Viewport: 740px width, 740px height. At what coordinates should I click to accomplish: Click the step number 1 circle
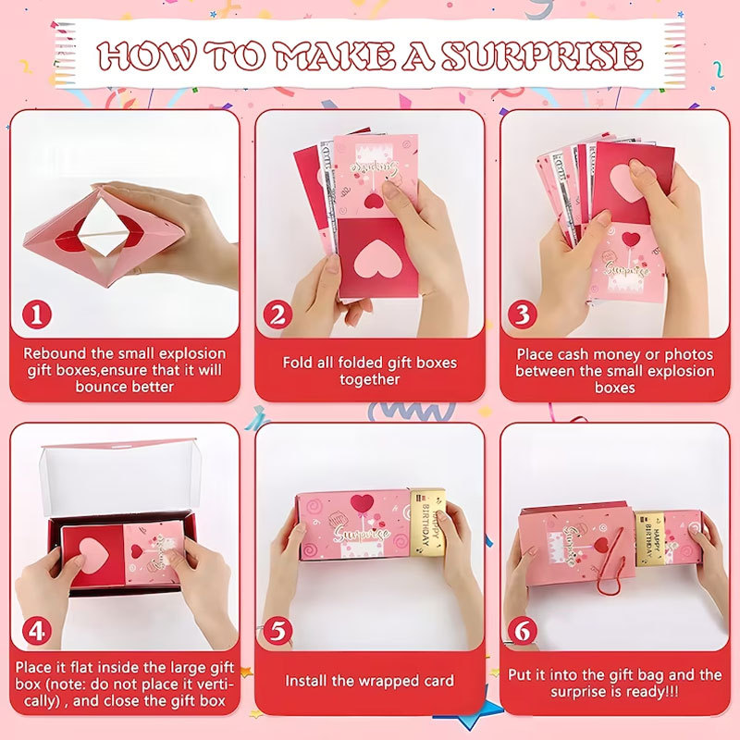(36, 314)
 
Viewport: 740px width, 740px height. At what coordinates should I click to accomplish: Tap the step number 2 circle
(277, 314)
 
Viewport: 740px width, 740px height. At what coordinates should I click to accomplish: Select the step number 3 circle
(523, 314)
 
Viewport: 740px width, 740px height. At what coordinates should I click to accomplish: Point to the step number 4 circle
(36, 631)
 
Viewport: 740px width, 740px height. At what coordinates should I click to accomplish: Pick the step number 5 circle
(277, 631)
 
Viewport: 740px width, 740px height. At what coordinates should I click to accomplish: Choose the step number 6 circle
(523, 631)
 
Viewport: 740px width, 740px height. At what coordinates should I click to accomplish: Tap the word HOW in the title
(146, 55)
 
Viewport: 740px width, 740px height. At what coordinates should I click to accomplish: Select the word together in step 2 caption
(369, 379)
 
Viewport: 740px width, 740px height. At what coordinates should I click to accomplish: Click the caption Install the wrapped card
(369, 681)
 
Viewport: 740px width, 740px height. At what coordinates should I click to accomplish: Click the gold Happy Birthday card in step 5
(427, 523)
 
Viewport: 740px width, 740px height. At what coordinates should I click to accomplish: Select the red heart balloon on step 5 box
(361, 502)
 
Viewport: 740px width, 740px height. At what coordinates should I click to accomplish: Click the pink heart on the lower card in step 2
(373, 262)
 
